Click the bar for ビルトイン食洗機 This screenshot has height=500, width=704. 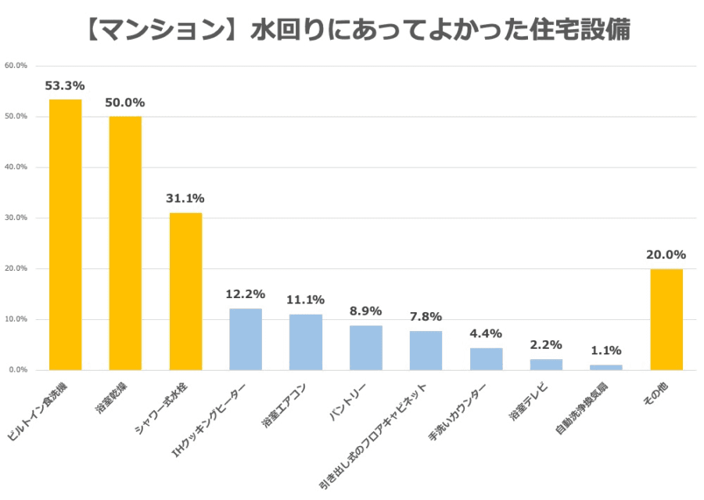(65, 235)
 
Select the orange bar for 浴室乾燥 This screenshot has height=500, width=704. (125, 243)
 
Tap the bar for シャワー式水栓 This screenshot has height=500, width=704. (185, 291)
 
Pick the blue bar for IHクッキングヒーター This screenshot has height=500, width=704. (246, 339)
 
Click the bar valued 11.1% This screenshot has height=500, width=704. (306, 342)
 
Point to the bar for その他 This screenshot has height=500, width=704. (666, 319)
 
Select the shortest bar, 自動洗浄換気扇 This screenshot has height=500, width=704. (606, 367)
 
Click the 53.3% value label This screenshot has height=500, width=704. (65, 85)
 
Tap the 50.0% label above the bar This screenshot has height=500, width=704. (125, 103)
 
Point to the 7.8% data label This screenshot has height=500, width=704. (426, 317)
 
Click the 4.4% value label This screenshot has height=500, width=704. (487, 334)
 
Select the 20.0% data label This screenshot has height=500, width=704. (666, 255)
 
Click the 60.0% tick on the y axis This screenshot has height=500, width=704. (16, 66)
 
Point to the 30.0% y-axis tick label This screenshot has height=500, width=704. (16, 218)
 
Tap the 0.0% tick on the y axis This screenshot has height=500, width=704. (17, 369)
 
